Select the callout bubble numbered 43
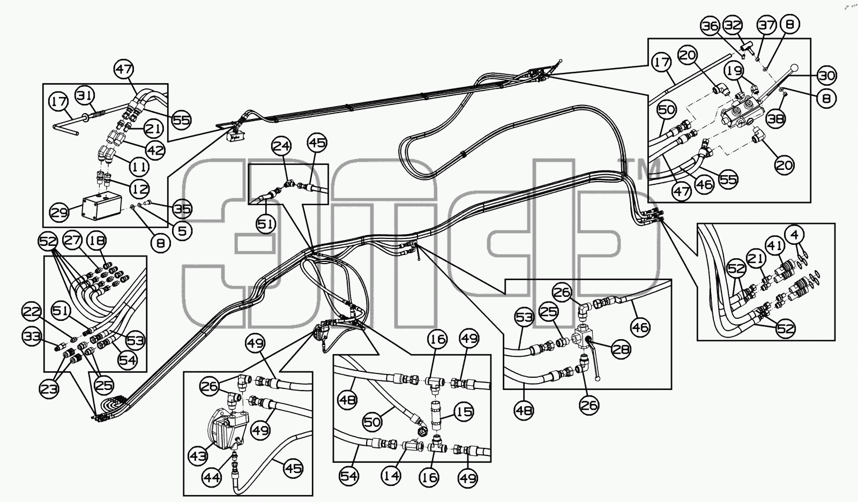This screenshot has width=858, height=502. (x=198, y=456)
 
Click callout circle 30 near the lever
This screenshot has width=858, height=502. (x=826, y=76)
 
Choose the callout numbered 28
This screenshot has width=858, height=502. (x=621, y=349)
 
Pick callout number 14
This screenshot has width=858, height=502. (x=391, y=476)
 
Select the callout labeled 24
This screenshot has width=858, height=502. (x=281, y=146)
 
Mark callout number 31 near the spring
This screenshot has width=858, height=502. (x=84, y=96)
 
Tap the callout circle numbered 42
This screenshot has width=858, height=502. (x=155, y=149)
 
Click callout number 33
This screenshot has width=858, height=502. (x=32, y=336)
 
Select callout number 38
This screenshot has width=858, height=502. (x=775, y=119)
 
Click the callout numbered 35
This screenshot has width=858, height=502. (x=182, y=209)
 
